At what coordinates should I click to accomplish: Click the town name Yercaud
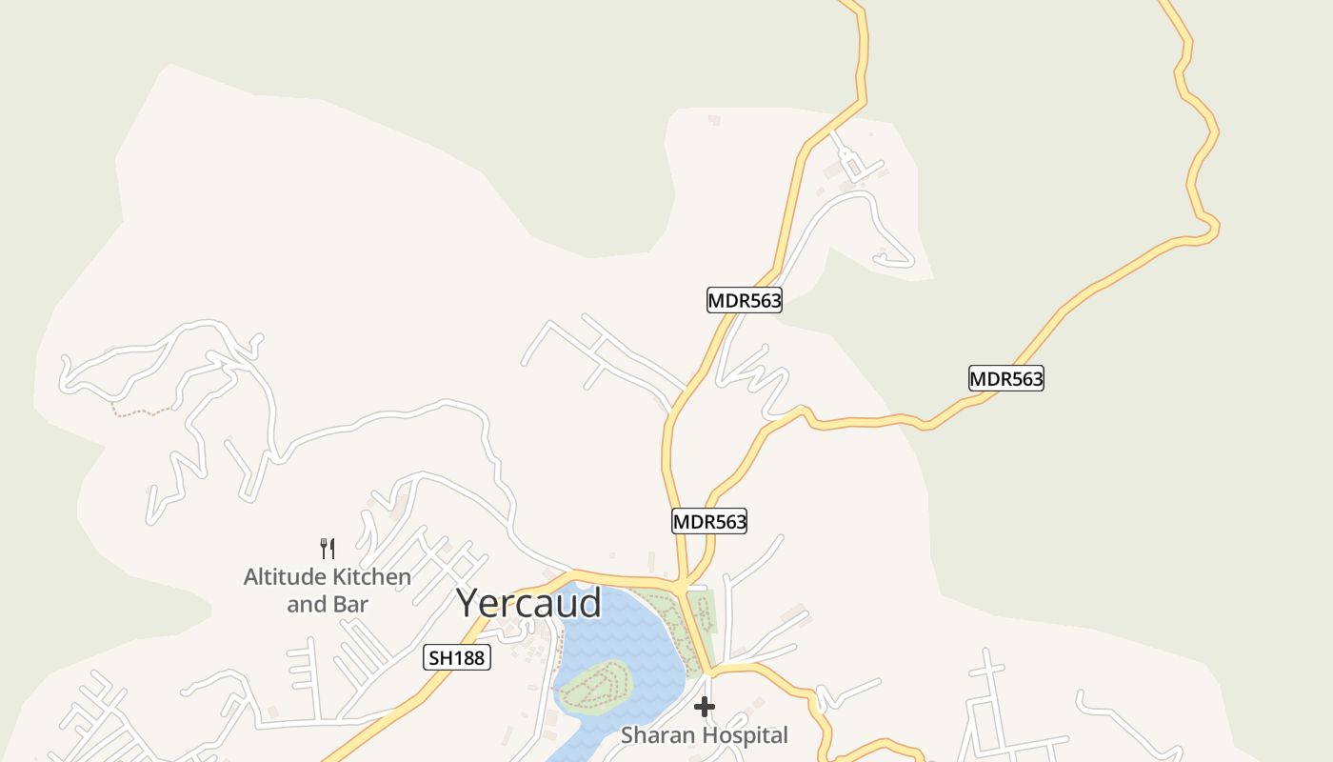pyautogui.click(x=528, y=603)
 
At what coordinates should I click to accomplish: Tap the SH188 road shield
pyautogui.click(x=457, y=657)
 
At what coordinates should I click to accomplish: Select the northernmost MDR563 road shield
pyautogui.click(x=744, y=301)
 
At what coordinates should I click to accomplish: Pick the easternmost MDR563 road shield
pyautogui.click(x=1006, y=378)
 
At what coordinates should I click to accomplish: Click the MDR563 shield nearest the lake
pyautogui.click(x=709, y=521)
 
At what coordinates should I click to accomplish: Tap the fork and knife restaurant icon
pyautogui.click(x=327, y=548)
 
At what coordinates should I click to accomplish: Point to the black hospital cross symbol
pyautogui.click(x=705, y=707)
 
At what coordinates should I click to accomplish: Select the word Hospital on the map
pyautogui.click(x=746, y=735)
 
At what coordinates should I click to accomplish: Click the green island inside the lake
pyautogui.click(x=595, y=683)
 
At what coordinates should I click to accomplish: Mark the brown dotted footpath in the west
pyautogui.click(x=143, y=411)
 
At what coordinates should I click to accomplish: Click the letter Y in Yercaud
pyautogui.click(x=468, y=603)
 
